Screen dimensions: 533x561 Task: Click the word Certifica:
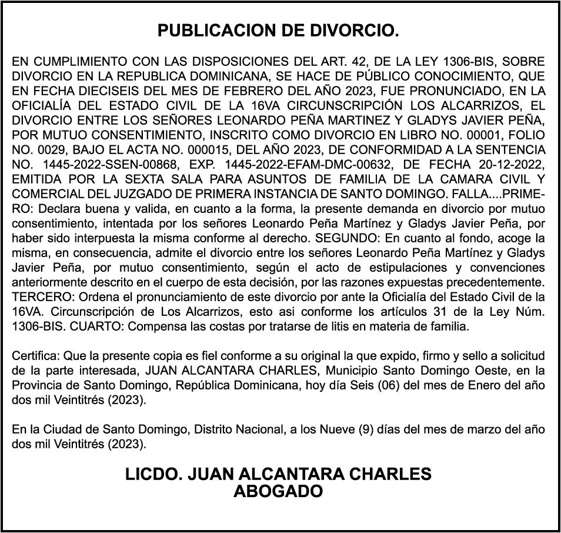tap(36, 355)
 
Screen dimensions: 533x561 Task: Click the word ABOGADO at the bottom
tap(278, 492)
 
